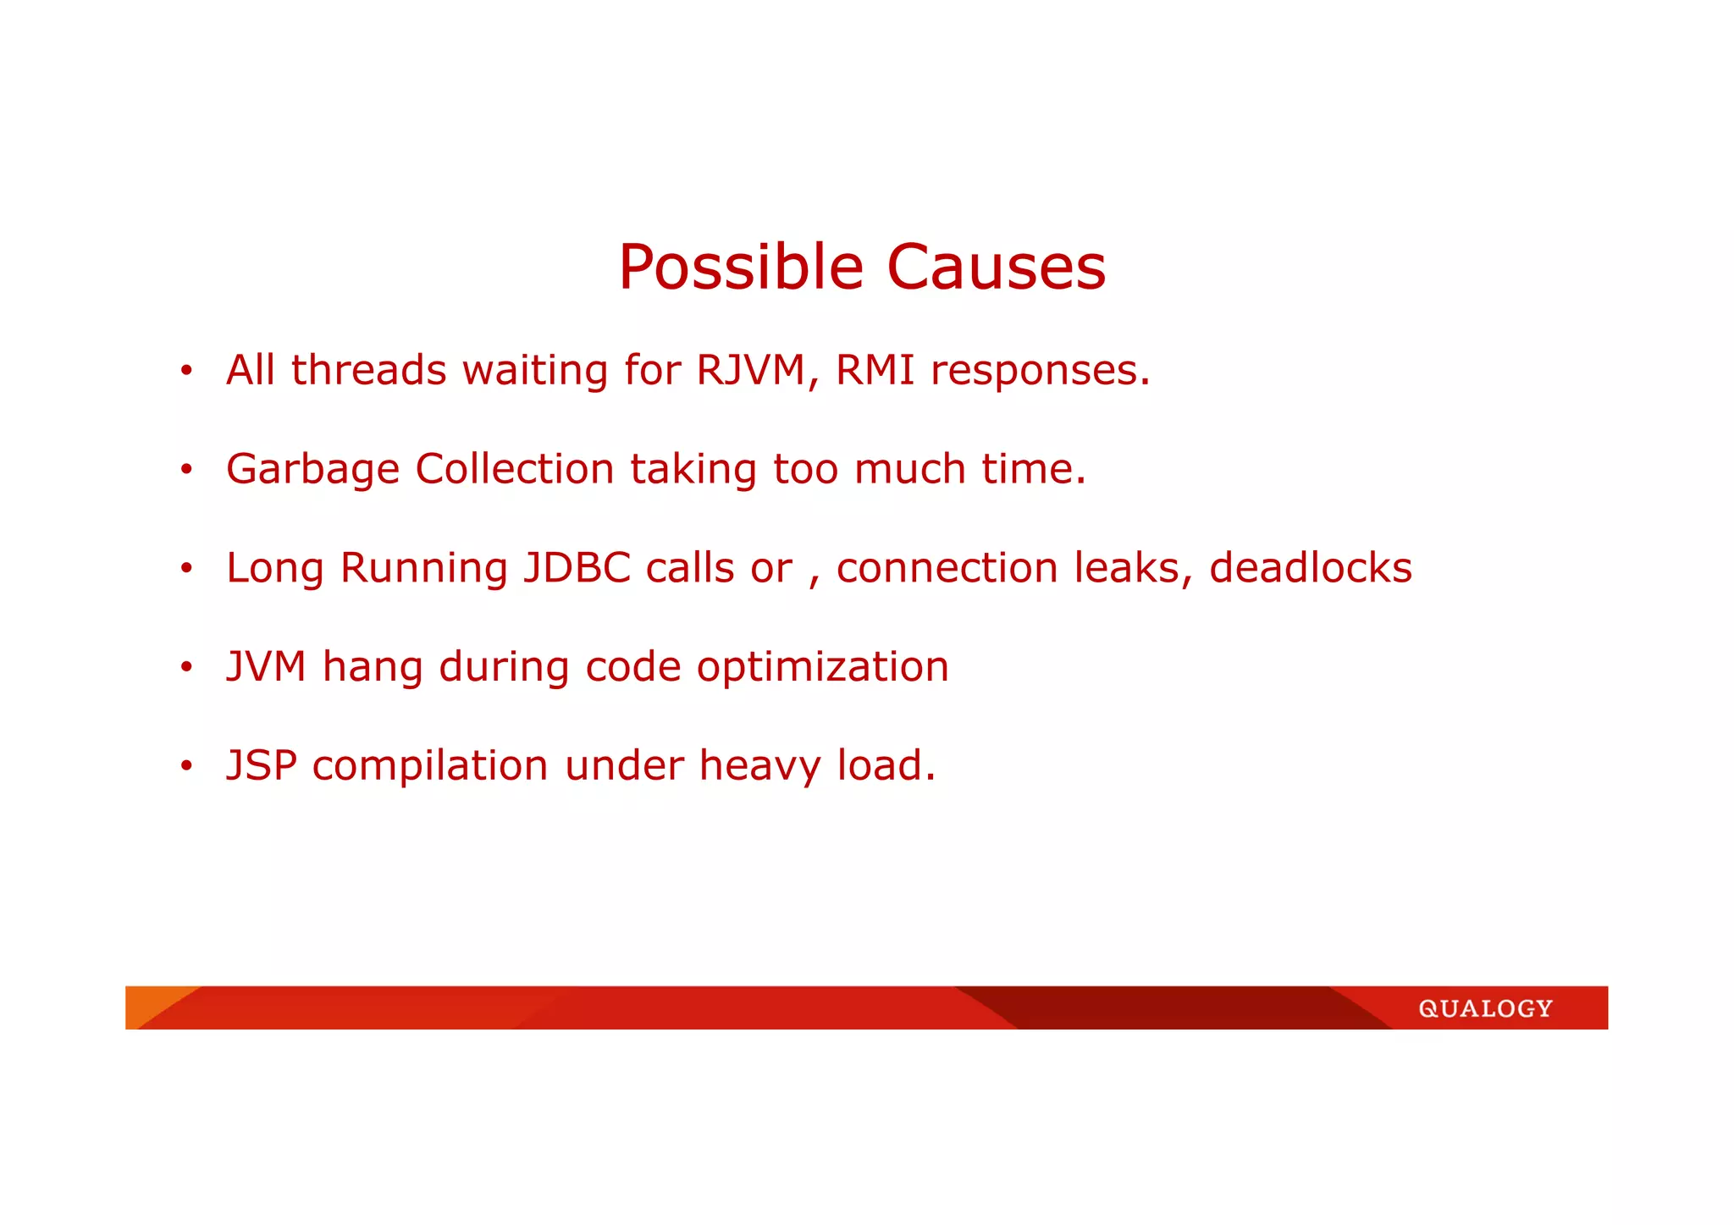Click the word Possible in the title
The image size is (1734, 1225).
pos(740,268)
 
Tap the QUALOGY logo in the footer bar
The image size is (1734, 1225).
pos(1485,1008)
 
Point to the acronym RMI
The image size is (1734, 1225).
pos(875,370)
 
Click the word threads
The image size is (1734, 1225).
pos(368,370)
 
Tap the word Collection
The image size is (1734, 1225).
pos(514,468)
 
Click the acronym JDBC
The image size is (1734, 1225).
pos(577,568)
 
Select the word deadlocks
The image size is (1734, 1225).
pos(1311,567)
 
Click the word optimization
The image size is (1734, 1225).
pos(822,667)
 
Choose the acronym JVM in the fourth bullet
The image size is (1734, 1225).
pos(266,666)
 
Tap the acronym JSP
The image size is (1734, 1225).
pos(262,765)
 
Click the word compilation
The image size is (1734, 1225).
pos(430,766)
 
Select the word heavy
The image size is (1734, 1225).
pos(759,766)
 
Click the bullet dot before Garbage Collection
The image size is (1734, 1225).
pos(186,470)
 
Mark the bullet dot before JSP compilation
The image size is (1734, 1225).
pos(186,767)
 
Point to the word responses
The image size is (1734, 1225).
pos(1040,371)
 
